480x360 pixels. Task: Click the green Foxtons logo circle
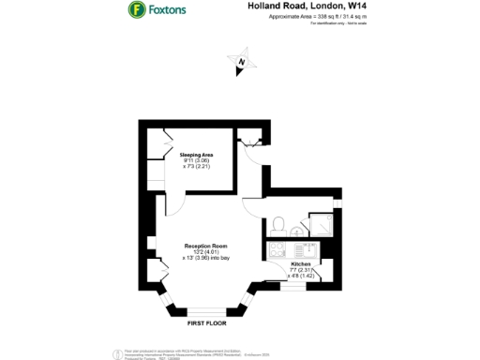coord(137,10)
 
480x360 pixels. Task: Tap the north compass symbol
coord(242,62)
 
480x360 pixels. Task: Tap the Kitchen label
coord(301,265)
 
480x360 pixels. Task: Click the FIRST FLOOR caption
coord(208,322)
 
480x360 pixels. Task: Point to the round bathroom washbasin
coord(297,232)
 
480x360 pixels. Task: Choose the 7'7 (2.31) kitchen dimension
coord(301,271)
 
